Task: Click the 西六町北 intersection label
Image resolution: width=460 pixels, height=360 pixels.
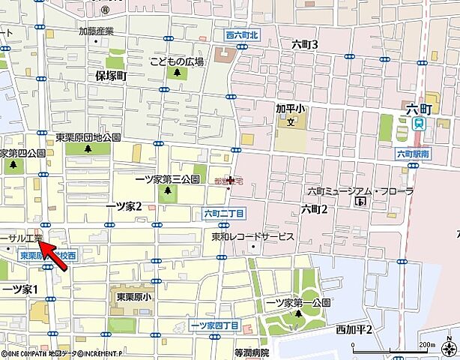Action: pyautogui.click(x=240, y=35)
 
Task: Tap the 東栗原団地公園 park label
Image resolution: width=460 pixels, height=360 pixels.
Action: pyautogui.click(x=88, y=137)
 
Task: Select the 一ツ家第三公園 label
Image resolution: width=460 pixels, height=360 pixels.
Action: pyautogui.click(x=167, y=179)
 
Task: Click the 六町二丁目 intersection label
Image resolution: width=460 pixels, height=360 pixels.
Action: pyautogui.click(x=224, y=213)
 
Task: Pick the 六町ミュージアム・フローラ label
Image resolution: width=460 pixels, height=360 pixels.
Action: pyautogui.click(x=360, y=191)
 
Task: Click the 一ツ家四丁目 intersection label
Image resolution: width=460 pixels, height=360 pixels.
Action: pyautogui.click(x=214, y=325)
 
